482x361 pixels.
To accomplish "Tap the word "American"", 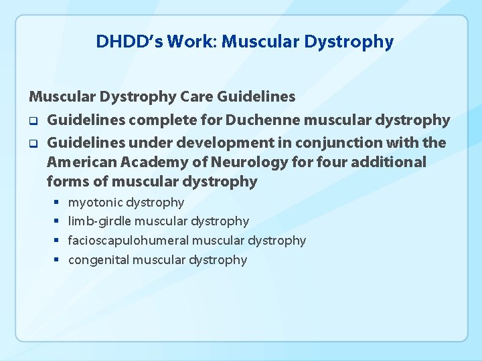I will click(79, 162).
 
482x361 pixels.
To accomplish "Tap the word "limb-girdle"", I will click(100, 221).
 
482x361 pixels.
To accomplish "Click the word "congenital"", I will click(98, 259).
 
